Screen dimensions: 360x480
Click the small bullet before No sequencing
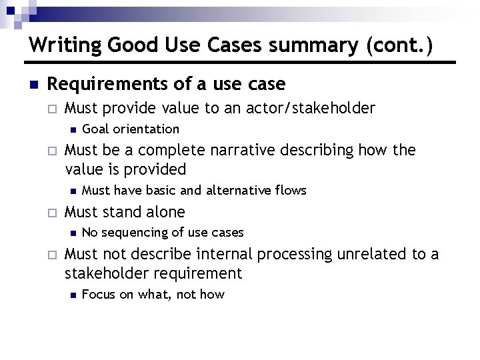(x=73, y=233)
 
